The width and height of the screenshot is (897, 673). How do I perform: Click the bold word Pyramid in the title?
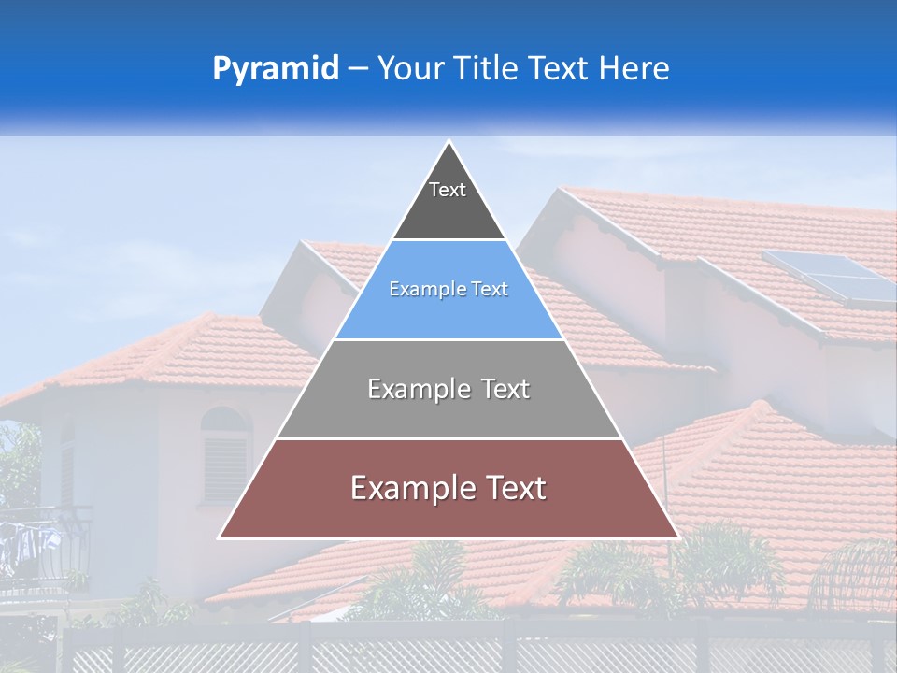[x=276, y=69]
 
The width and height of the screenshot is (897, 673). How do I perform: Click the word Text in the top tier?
[x=448, y=190]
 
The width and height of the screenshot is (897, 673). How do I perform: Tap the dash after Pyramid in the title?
[x=357, y=69]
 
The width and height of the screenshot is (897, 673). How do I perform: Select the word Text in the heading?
[x=560, y=68]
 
